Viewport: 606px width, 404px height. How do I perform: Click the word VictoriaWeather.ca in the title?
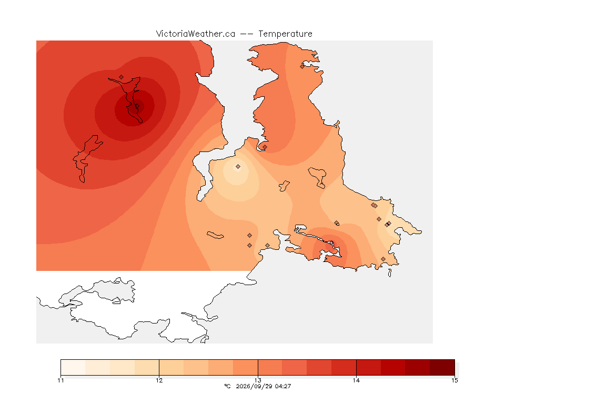196,34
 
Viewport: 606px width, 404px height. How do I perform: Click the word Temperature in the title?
285,34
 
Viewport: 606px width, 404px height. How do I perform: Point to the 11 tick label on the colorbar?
60,380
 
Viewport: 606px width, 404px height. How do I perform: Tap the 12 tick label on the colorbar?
159,380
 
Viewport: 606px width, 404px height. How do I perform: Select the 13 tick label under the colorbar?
258,380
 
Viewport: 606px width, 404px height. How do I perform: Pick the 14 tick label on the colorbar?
356,380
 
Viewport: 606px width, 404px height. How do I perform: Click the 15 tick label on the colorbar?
454,380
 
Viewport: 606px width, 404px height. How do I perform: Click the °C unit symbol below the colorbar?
227,386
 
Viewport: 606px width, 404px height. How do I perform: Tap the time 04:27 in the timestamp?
283,386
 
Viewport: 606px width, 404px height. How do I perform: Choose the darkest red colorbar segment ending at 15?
442,367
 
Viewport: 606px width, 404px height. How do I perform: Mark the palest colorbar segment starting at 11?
73,367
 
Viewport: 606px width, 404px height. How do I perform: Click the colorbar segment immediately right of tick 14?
369,367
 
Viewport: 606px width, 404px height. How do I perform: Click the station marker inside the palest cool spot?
238,167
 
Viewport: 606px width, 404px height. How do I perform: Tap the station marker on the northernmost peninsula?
302,66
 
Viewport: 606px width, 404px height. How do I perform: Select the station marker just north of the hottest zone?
122,77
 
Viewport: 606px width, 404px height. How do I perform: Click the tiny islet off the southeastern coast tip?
390,273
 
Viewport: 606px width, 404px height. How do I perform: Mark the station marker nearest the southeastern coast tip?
383,259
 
